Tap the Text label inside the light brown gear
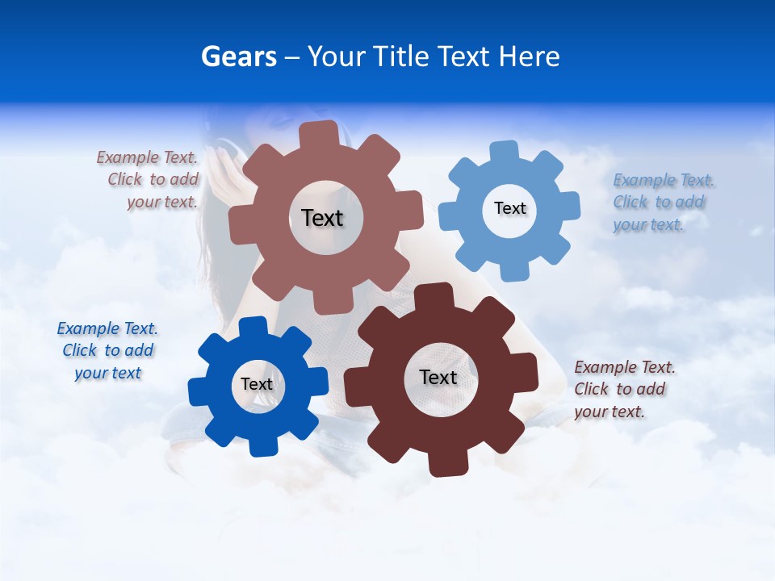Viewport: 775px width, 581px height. (322, 218)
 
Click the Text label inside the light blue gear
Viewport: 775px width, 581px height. (509, 208)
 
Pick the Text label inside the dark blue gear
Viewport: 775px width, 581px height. (257, 384)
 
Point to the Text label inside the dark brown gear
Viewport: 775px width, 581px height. (438, 377)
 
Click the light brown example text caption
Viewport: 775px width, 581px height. (149, 180)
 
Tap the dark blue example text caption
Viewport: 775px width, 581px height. (107, 351)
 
